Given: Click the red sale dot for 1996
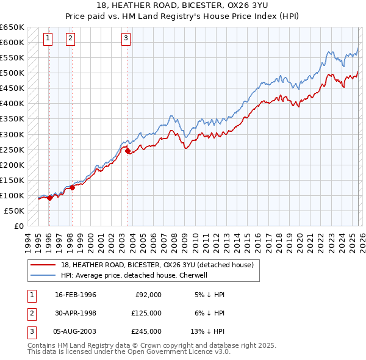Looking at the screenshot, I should (49, 198).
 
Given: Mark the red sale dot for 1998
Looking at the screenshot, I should (72, 187).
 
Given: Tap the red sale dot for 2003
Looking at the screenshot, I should (127, 151).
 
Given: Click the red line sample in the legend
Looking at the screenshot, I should (43, 265).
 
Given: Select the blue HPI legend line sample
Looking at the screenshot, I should (43, 275).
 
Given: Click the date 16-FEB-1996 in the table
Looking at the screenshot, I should (76, 295).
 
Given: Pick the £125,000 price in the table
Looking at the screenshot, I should (146, 313).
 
